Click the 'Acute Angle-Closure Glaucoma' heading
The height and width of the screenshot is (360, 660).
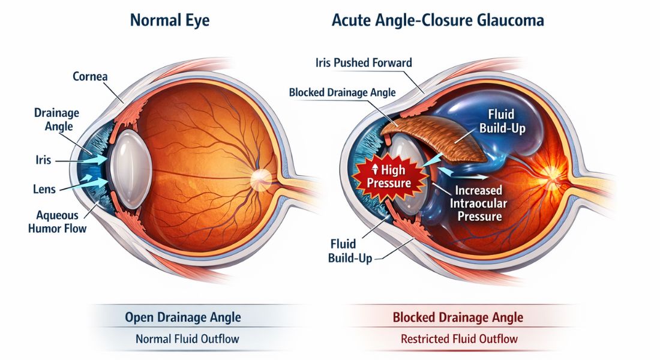(x=438, y=21)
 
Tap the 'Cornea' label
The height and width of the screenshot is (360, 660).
(x=91, y=77)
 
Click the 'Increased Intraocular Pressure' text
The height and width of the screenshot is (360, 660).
(x=479, y=203)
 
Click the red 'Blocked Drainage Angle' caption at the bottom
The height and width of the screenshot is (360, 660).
(x=458, y=317)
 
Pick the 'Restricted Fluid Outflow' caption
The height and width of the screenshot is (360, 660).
(x=459, y=339)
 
